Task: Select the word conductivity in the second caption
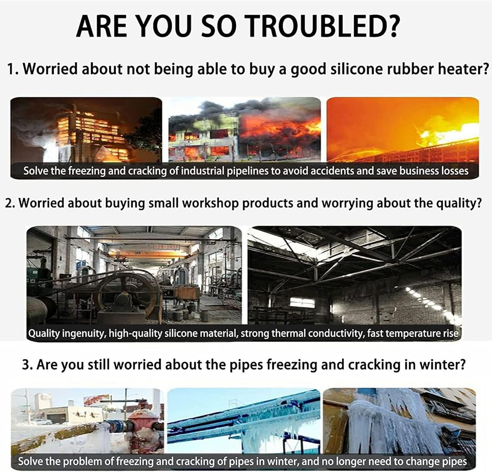(x=336, y=333)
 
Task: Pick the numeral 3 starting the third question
(x=26, y=365)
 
